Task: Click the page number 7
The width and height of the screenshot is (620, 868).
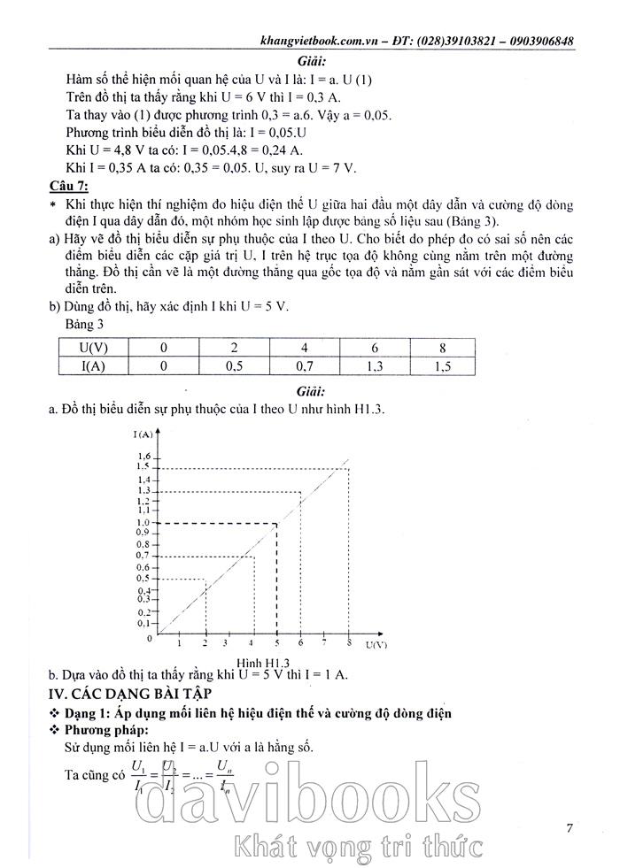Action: click(570, 828)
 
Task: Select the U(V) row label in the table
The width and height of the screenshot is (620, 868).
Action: click(94, 348)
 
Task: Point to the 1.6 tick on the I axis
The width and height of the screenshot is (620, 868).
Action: click(143, 457)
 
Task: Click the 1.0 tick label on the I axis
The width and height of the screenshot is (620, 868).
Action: click(143, 523)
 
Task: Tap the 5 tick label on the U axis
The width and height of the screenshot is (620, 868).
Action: click(277, 643)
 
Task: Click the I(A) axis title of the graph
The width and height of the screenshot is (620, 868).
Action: click(145, 434)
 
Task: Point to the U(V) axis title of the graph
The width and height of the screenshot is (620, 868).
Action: click(376, 645)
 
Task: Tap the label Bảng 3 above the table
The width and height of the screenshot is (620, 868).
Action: click(86, 326)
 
